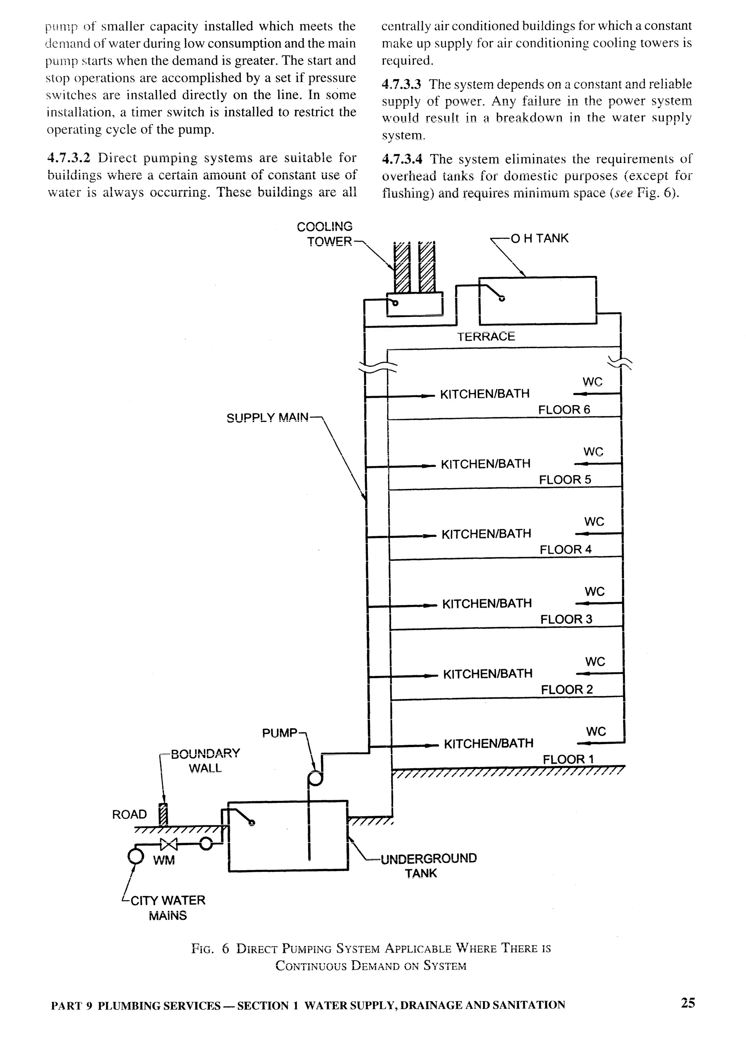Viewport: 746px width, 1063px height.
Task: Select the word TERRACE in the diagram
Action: pos(486,337)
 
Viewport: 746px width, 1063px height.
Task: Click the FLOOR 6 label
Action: pos(564,410)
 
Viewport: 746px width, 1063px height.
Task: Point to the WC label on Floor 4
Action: pos(594,521)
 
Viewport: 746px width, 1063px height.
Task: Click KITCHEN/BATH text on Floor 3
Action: pos(487,604)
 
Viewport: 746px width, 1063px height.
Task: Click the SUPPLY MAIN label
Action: pos(267,418)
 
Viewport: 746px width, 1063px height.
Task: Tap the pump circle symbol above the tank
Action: pos(315,779)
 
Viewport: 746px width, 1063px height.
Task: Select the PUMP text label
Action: pos(279,733)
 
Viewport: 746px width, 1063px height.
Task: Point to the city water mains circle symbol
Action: pos(135,855)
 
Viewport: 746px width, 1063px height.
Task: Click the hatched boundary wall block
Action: pos(162,814)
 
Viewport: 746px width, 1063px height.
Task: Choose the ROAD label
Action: pos(129,814)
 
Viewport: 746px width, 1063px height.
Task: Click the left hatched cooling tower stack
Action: pos(401,270)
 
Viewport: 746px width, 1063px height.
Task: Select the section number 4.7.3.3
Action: pos(401,84)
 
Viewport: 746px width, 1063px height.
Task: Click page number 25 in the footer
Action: pos(688,1003)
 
